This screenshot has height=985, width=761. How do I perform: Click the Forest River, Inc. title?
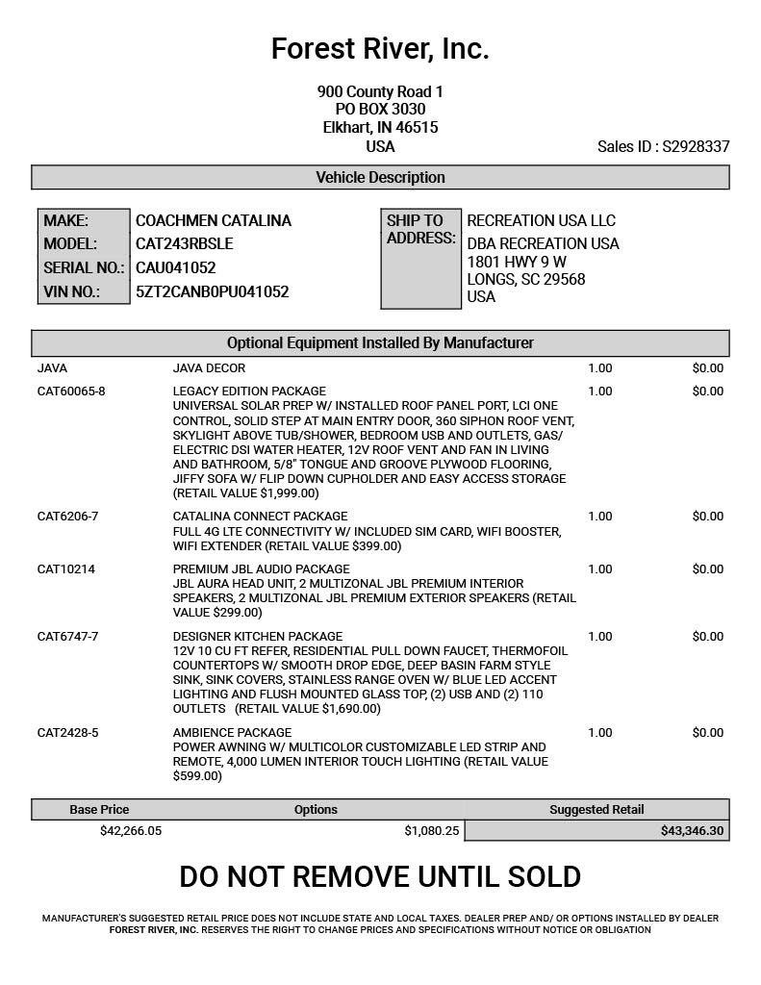(x=380, y=48)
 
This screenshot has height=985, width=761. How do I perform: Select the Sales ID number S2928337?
(x=696, y=147)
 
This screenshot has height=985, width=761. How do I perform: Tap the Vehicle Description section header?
(x=380, y=178)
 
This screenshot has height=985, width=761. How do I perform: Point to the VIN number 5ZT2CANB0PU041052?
(x=212, y=291)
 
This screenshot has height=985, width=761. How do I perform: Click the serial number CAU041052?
(x=175, y=268)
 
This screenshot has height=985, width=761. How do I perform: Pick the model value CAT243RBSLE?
(x=184, y=244)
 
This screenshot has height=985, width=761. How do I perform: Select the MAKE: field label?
(x=65, y=221)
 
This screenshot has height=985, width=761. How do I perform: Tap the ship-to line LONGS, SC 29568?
(x=525, y=280)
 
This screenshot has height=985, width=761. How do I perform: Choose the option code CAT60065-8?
(x=71, y=391)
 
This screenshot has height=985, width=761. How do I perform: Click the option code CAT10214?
(x=66, y=569)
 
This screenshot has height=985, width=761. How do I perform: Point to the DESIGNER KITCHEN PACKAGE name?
(x=258, y=637)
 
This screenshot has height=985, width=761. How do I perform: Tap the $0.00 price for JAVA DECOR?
(x=707, y=368)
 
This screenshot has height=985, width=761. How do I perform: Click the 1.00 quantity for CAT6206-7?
(x=599, y=517)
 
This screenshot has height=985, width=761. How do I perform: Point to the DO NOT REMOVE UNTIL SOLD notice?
(x=380, y=877)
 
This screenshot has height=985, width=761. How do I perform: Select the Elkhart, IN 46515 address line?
(x=380, y=128)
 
